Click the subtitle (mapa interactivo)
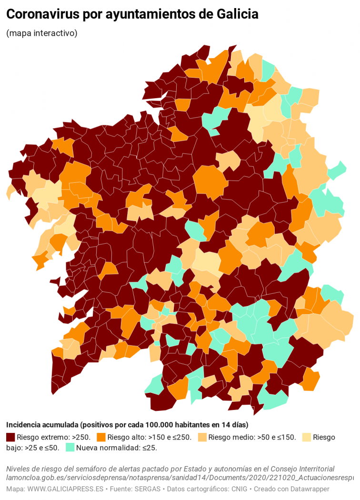pyautogui.click(x=42, y=33)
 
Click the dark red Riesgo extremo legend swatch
pyautogui.click(x=10, y=437)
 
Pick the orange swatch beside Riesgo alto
pyautogui.click(x=101, y=437)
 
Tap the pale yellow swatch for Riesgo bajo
pyautogui.click(x=307, y=437)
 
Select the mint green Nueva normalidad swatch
pyautogui.click(x=70, y=448)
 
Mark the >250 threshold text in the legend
pyautogui.click(x=80, y=437)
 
